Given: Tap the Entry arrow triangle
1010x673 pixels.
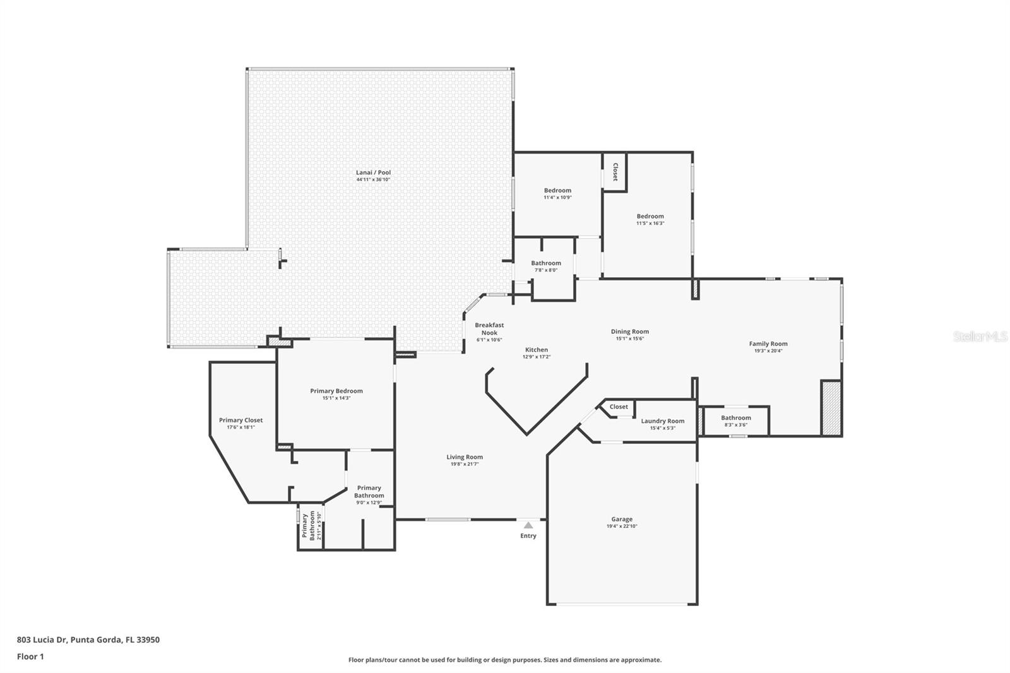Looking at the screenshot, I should pos(528,525).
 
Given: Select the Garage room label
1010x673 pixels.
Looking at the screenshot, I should pos(621,519).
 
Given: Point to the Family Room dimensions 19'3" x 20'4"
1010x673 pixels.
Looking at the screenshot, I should pos(768,351).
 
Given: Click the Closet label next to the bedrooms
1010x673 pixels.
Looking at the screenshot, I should pos(615,172).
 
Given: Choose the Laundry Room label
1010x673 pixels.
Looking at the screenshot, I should pos(662,421).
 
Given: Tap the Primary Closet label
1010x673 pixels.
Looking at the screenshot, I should pos(241,420).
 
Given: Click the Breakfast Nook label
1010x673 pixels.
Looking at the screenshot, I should pos(489,329).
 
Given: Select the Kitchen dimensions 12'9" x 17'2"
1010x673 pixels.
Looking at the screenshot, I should pos(537,357).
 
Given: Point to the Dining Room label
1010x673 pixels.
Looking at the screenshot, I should pos(629,331).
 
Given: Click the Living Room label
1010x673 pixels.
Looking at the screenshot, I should pos(465,457).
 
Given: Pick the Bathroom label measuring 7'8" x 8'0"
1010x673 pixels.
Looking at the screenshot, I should pos(545,263).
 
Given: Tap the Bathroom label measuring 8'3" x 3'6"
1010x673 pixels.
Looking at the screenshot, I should pos(736,418).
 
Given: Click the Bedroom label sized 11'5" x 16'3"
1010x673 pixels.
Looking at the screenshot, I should pos(650,216).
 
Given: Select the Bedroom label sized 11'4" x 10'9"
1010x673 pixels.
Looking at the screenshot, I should pos(557,190).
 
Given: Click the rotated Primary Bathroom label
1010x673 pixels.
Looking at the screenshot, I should pos(308,527).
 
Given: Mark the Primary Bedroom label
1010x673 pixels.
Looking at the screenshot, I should pos(336,391).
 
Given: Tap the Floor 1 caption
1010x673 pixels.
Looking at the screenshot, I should pos(30,657).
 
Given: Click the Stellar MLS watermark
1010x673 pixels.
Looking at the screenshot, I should pos(980,336).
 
